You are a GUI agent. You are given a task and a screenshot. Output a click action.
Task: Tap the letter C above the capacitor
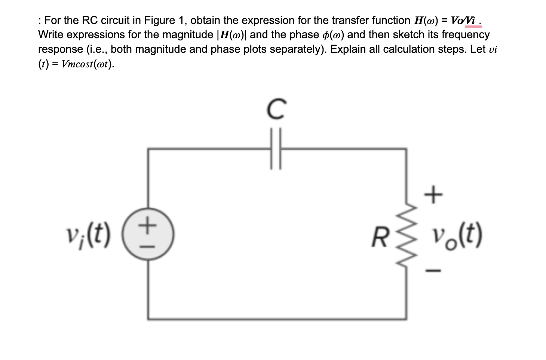click(x=276, y=109)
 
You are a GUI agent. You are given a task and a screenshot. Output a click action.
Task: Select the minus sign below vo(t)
click(x=434, y=269)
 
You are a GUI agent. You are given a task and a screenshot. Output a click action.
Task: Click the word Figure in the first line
click(x=160, y=20)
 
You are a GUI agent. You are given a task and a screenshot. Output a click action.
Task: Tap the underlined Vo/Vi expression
click(x=465, y=21)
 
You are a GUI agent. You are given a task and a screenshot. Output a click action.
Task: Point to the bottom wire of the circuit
click(x=277, y=319)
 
